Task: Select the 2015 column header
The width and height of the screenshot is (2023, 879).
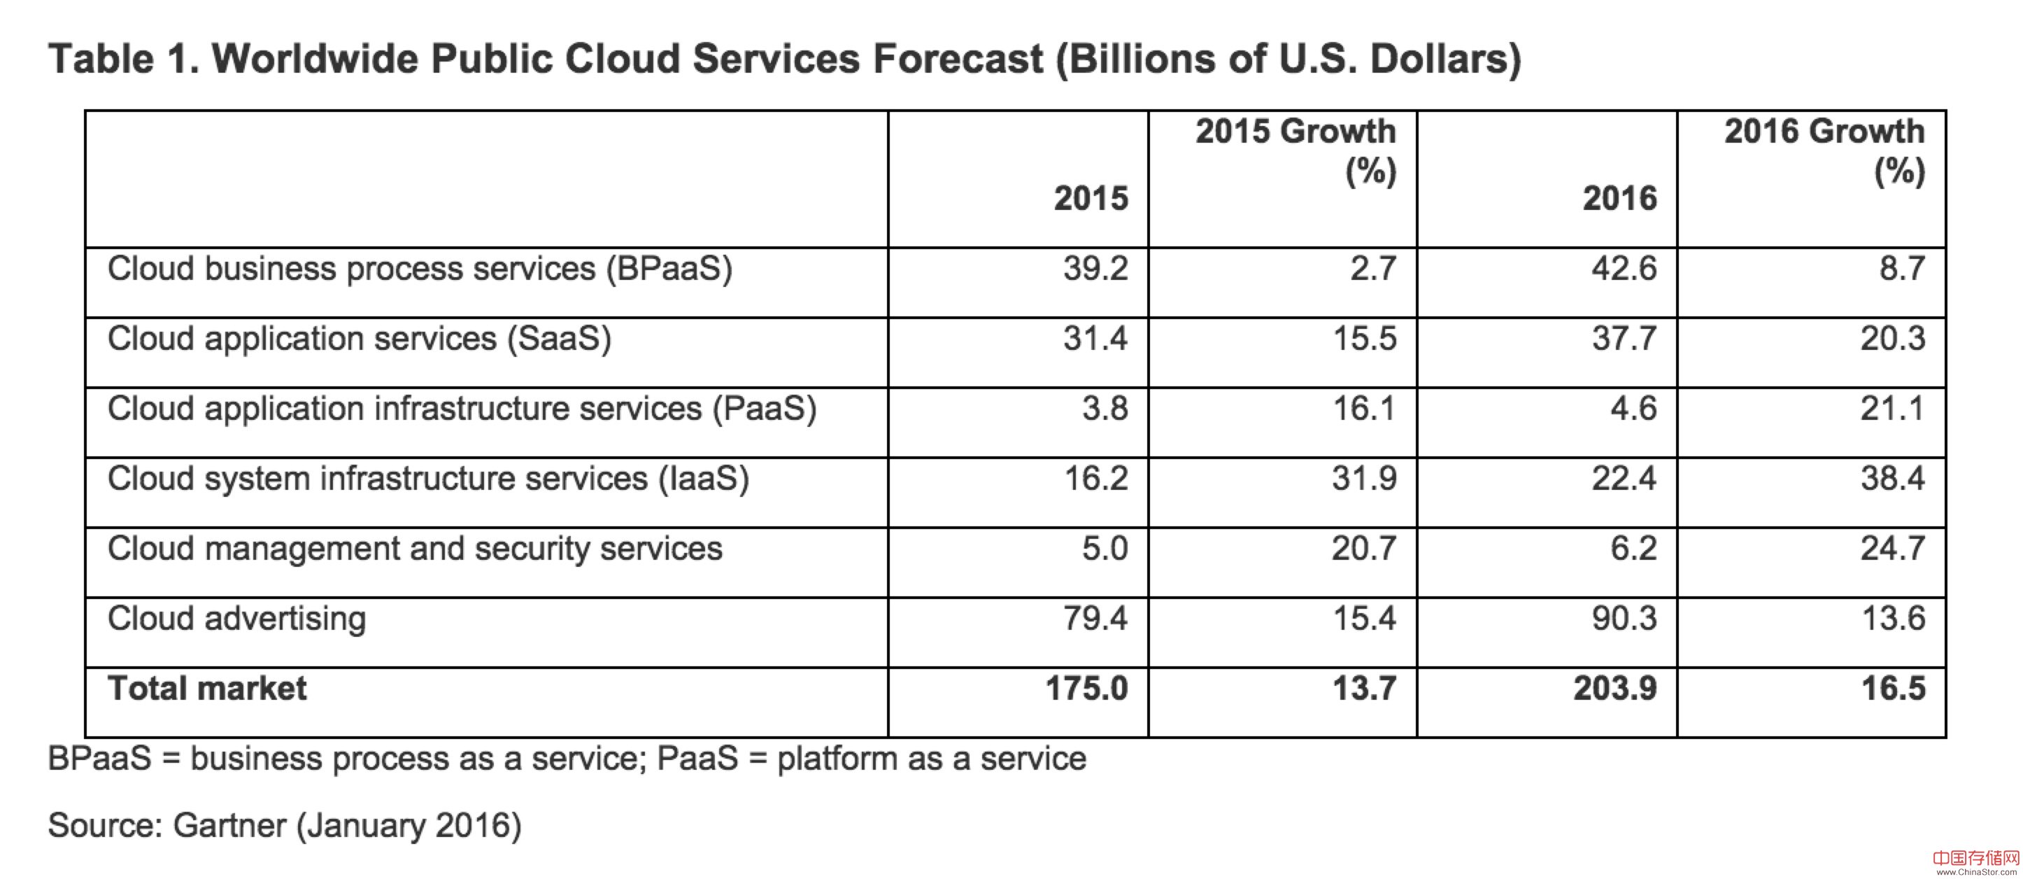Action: pos(1091,199)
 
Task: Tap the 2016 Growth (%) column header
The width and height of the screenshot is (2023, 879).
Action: pos(1824,151)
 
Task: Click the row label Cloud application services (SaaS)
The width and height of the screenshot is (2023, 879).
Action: pos(359,339)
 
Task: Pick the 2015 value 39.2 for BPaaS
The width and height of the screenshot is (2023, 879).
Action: pos(1095,269)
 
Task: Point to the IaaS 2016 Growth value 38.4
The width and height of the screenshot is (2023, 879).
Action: pos(1893,479)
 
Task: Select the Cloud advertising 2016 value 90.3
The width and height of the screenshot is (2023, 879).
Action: pos(1624,618)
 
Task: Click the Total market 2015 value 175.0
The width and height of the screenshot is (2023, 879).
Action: pos(1086,689)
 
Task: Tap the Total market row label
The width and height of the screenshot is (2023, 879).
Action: pos(207,689)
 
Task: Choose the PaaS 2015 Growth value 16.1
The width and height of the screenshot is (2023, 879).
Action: pos(1364,409)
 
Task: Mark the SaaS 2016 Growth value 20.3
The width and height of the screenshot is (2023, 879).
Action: pos(1893,339)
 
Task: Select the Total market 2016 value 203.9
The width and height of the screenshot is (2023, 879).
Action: pos(1614,689)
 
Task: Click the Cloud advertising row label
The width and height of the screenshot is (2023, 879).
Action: pos(236,619)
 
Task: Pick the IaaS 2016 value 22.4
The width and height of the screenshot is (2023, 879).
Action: pos(1624,479)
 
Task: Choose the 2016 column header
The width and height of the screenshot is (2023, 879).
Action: pos(1619,199)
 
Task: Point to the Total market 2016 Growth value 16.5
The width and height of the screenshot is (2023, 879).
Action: pos(1893,689)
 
